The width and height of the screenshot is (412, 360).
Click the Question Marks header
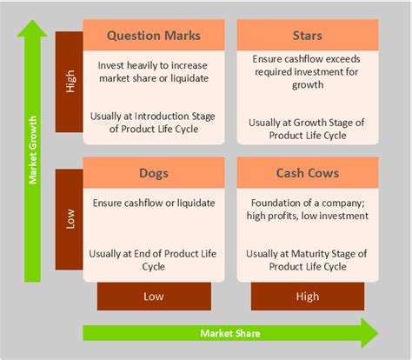click(153, 36)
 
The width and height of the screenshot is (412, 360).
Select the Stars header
click(307, 36)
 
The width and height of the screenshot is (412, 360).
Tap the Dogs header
click(153, 173)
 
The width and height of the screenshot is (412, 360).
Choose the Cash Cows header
click(307, 173)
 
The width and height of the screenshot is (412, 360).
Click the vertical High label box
click(69, 83)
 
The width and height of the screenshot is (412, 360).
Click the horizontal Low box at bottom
click(153, 296)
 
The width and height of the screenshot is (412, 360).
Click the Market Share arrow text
click(229, 333)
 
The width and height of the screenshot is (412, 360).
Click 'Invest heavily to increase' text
click(153, 66)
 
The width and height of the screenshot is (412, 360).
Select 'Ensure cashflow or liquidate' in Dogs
click(153, 203)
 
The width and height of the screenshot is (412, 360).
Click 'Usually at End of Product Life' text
click(153, 253)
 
